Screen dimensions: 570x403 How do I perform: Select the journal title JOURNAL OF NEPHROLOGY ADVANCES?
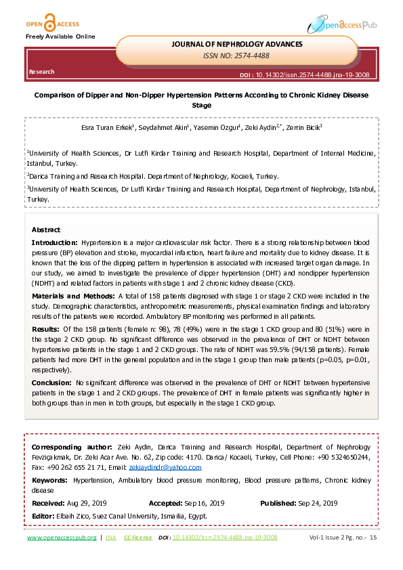click(237, 44)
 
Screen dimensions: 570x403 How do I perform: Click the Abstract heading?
click(45, 229)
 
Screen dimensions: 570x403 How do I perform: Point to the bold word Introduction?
click(55, 242)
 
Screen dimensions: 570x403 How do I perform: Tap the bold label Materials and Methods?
click(73, 296)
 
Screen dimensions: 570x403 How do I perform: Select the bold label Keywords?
click(51, 479)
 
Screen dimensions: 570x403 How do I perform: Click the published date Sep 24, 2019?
click(319, 503)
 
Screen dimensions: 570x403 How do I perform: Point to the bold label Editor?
click(44, 515)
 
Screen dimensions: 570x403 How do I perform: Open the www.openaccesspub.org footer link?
click(62, 538)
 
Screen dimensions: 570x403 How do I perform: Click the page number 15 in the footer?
click(373, 538)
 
